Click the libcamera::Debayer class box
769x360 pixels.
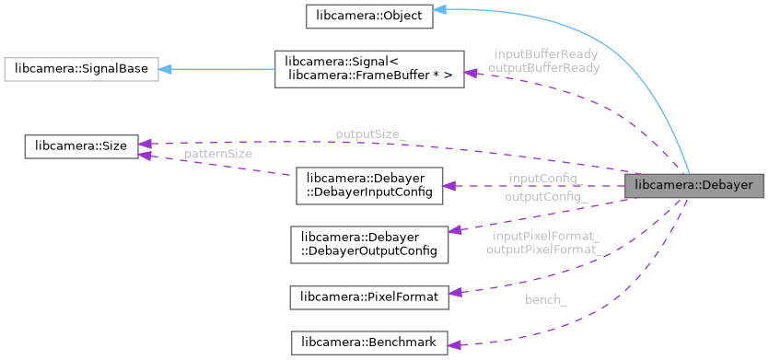[x=693, y=185]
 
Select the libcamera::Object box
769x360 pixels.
[x=369, y=16]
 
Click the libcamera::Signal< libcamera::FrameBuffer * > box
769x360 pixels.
[x=368, y=69]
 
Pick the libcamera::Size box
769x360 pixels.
[x=81, y=145]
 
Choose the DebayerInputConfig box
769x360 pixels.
[x=368, y=185]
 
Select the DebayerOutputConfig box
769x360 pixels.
[x=368, y=243]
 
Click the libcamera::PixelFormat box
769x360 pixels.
[x=368, y=296]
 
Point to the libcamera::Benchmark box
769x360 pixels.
[x=368, y=343]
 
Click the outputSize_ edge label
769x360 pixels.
[x=370, y=134]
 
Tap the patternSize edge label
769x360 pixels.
[x=218, y=154]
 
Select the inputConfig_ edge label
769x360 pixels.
[x=543, y=178]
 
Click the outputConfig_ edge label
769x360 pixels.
[x=545, y=197]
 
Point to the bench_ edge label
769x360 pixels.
[x=546, y=300]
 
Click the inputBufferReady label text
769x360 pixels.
[x=545, y=54]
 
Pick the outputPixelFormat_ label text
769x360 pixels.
[x=544, y=250]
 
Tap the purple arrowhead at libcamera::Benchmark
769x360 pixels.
[x=453, y=344]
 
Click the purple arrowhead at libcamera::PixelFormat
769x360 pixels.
[x=453, y=293]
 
